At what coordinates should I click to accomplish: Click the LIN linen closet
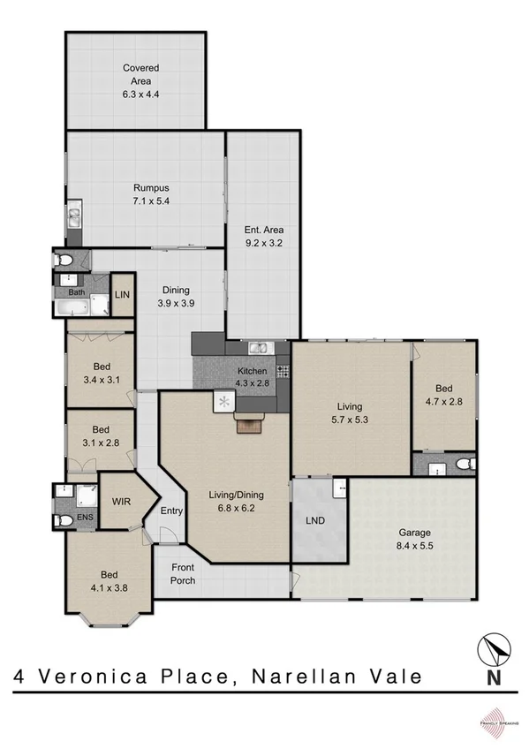[123, 294]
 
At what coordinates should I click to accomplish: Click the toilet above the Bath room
[63, 261]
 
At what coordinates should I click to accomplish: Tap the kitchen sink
[258, 348]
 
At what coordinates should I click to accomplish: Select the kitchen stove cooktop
[283, 371]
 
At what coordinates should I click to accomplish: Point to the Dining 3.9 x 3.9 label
[176, 296]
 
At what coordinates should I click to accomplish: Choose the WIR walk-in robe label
[121, 501]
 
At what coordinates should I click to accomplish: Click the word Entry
[170, 511]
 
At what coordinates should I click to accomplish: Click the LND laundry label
[314, 520]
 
